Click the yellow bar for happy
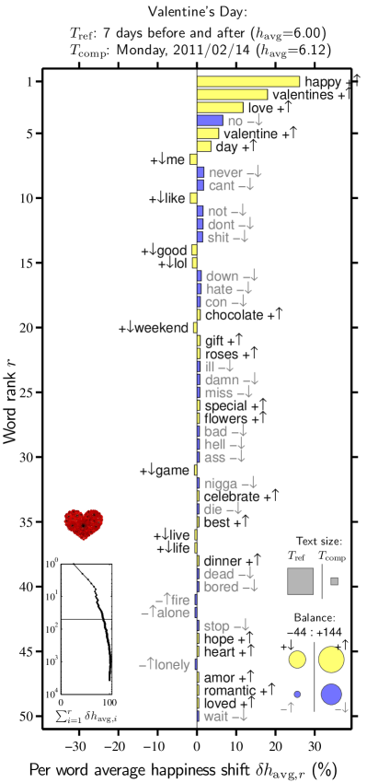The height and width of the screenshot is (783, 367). coord(248,82)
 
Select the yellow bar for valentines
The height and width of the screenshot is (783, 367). coord(232,95)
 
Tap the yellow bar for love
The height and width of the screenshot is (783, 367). coord(220,108)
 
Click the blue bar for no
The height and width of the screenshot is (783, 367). coord(210,121)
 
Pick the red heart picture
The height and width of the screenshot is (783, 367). coord(84,524)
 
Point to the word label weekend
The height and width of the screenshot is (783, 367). coord(162,328)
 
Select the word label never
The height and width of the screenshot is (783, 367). coord(225,173)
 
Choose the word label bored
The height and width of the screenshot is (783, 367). coord(221,587)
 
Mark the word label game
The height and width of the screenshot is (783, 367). coord(172,471)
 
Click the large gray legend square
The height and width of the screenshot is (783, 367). coord(300,581)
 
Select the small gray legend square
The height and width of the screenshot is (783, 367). coord(334,581)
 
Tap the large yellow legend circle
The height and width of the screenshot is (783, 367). coord(331,660)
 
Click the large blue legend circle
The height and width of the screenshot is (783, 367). coord(331,694)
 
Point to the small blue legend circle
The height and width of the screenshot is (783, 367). coord(297,694)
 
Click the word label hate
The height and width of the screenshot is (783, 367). coord(219,289)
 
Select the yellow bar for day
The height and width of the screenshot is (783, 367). coord(203,146)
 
